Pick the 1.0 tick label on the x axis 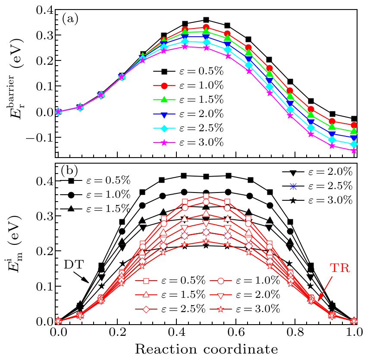[354, 332]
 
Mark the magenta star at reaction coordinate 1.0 [354, 150]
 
